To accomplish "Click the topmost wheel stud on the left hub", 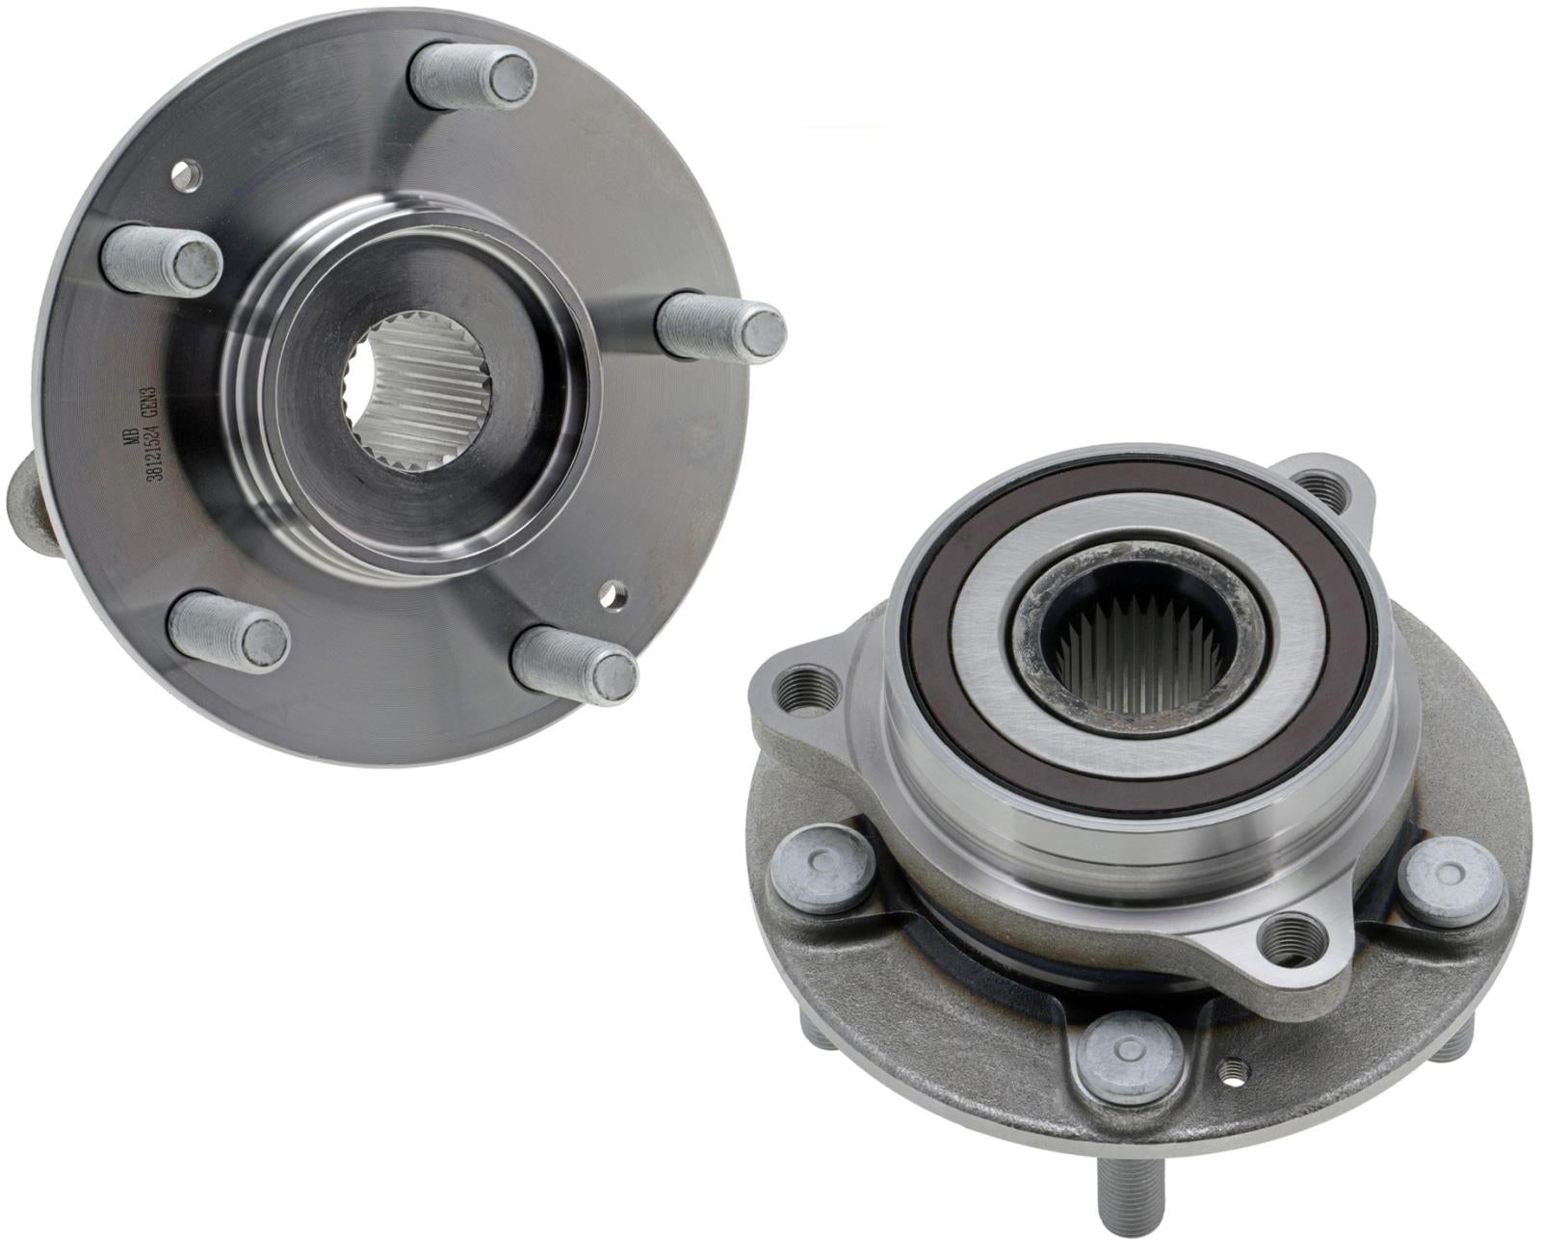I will click(472, 74).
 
